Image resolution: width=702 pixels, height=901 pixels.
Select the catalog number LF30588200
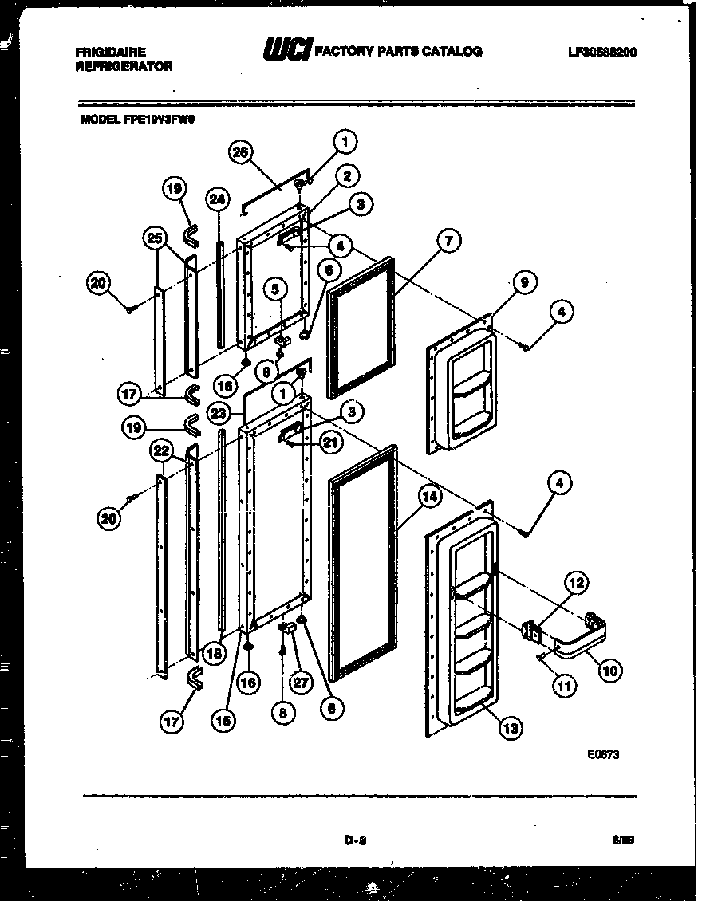(x=603, y=53)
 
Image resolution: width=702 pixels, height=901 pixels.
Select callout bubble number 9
(x=524, y=282)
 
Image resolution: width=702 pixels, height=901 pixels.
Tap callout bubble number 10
(x=609, y=671)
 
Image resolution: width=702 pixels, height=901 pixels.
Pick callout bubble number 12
(x=577, y=583)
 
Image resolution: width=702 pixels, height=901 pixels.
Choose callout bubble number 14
(x=429, y=497)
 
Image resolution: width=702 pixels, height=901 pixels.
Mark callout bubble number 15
(x=224, y=721)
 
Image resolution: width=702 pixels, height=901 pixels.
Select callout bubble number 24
(x=217, y=199)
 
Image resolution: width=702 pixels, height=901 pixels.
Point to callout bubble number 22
(x=163, y=452)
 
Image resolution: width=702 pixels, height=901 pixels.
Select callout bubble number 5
(x=274, y=289)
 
